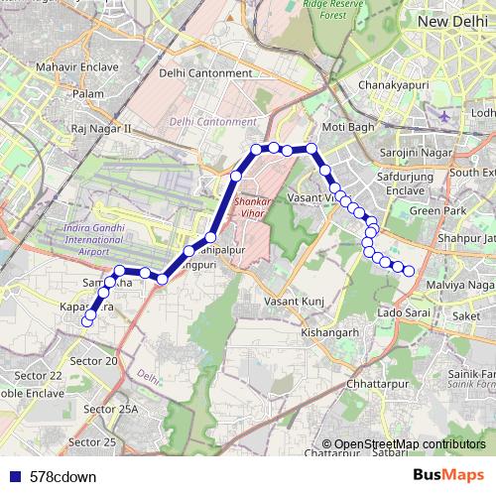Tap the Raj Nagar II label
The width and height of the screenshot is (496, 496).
[101, 129]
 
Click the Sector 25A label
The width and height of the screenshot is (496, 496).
[111, 409]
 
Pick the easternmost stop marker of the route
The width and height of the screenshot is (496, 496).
[408, 271]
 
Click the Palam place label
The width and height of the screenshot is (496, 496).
[88, 93]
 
